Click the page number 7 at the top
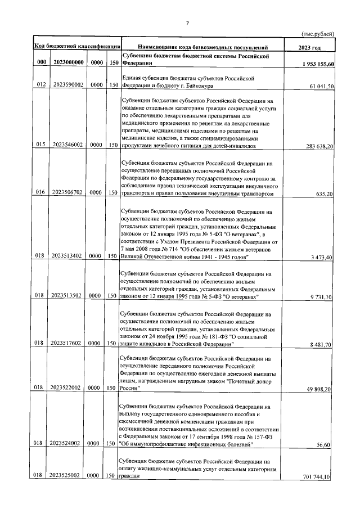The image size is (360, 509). click(x=187, y=23)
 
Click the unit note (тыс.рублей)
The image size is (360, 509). click(x=318, y=34)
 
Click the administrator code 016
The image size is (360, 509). click(x=40, y=193)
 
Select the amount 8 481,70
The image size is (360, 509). click(x=323, y=344)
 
